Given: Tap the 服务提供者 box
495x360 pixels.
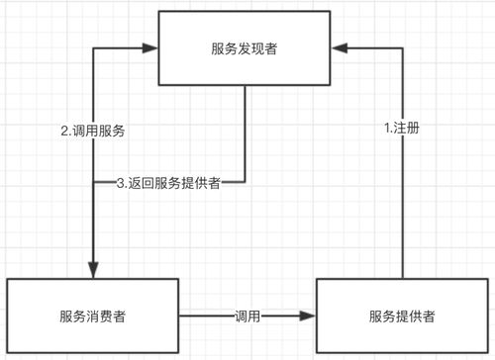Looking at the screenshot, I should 402,316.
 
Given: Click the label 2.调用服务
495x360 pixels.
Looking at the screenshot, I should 93,130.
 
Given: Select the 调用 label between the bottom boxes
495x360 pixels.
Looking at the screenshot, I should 247,315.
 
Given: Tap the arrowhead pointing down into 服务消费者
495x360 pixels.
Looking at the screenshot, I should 92,272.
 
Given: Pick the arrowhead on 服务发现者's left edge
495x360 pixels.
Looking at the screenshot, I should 153,46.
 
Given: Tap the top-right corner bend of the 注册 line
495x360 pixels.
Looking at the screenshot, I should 404,46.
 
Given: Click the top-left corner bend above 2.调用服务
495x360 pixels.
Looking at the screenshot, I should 92,46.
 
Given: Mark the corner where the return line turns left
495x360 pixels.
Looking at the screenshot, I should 246,182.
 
